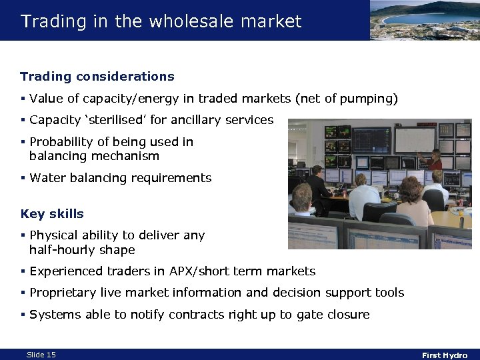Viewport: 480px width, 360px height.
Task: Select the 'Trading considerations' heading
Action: point(97,77)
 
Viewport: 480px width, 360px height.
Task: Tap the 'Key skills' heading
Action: point(52,214)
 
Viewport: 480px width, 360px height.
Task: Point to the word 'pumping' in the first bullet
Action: point(366,99)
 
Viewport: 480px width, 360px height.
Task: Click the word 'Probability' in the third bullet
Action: point(62,142)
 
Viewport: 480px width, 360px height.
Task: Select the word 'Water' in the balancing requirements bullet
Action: point(47,178)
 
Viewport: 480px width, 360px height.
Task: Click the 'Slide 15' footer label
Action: point(41,355)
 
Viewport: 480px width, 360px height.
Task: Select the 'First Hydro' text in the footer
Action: point(445,355)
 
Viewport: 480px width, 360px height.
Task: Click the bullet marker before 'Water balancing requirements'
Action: point(23,178)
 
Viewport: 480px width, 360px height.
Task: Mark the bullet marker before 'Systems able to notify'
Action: point(23,314)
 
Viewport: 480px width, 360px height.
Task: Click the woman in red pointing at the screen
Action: point(435,161)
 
